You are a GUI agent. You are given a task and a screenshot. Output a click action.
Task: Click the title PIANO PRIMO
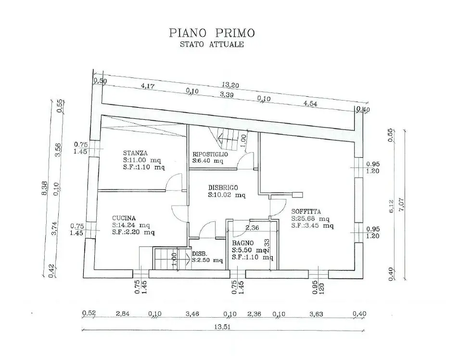click(212, 33)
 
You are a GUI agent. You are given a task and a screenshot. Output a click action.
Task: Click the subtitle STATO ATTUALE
click(212, 44)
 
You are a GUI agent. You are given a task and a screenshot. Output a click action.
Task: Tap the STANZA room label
click(135, 153)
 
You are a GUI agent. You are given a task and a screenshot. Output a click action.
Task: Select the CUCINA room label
click(124, 219)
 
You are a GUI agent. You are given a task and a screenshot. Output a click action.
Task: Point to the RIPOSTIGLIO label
click(210, 154)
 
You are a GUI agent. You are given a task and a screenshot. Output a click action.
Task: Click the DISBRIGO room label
click(223, 188)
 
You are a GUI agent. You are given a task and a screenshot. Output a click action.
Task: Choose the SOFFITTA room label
click(306, 212)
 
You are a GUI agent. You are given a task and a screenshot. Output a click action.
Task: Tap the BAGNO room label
click(243, 243)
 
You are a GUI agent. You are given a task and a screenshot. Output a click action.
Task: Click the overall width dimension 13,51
click(223, 327)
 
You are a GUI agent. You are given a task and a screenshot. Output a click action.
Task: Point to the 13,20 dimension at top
click(230, 85)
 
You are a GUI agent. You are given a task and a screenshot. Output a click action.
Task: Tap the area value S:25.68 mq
click(310, 219)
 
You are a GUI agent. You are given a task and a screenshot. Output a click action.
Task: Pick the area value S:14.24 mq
click(131, 225)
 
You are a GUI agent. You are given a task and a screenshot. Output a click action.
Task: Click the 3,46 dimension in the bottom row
click(192, 314)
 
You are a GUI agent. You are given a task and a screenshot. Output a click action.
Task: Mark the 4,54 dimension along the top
click(310, 103)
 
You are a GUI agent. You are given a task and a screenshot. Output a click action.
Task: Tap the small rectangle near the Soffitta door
click(298, 194)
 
